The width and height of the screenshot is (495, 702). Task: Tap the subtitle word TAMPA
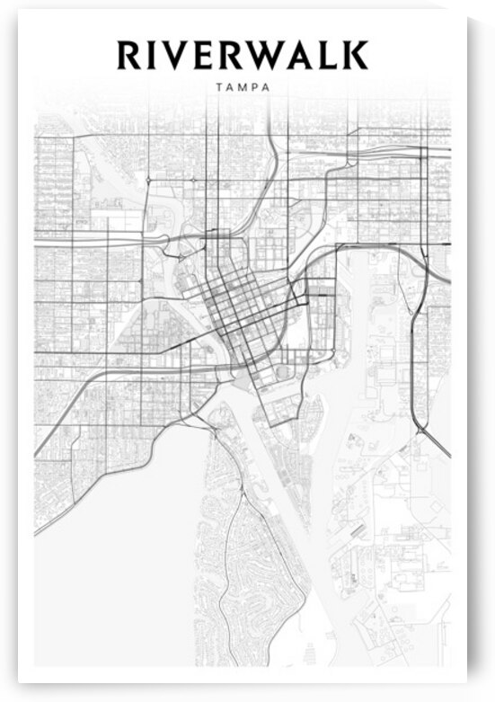[x=243, y=88]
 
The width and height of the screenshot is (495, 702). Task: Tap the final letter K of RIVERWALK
[x=356, y=55]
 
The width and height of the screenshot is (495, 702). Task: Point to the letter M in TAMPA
[x=242, y=88]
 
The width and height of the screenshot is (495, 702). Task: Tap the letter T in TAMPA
[x=219, y=88]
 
